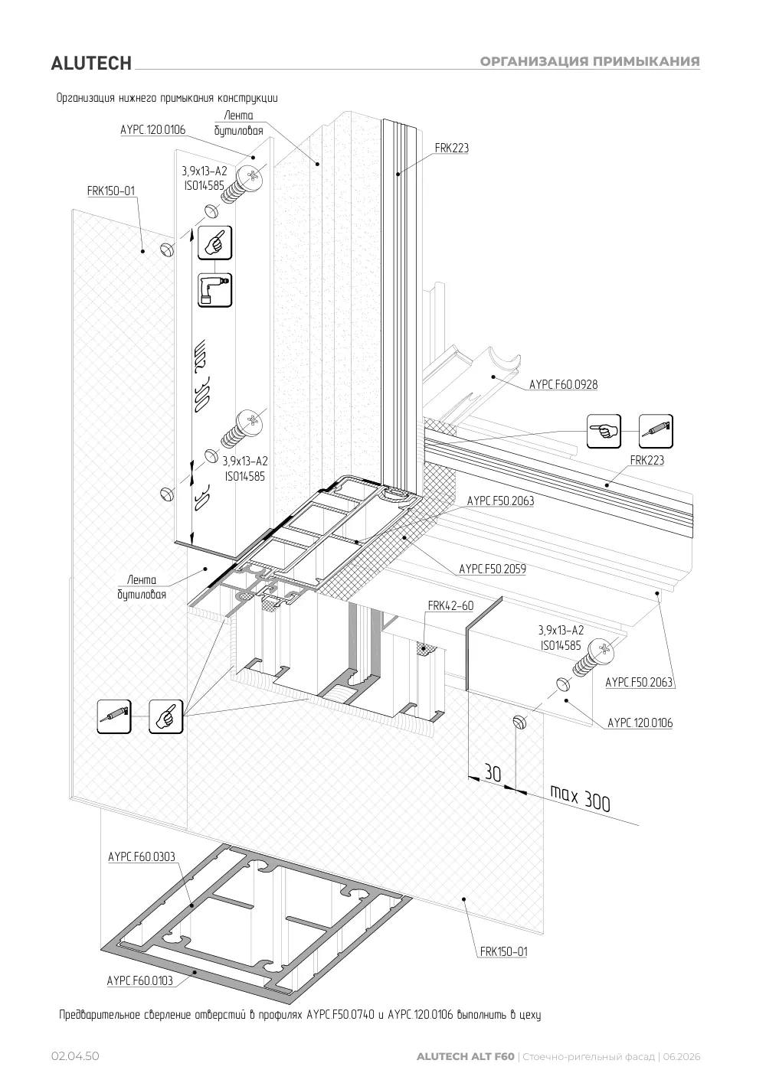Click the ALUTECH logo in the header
click(x=91, y=64)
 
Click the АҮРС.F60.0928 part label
click(x=563, y=384)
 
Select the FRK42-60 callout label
click(x=450, y=606)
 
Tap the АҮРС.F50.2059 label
click(x=492, y=569)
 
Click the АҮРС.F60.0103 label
click(x=140, y=981)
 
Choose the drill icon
click(x=214, y=289)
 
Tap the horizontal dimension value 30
click(x=493, y=773)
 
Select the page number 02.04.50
click(x=75, y=1056)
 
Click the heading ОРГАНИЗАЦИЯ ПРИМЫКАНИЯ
click(x=590, y=61)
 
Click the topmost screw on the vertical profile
click(x=242, y=184)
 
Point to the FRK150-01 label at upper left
click(x=111, y=191)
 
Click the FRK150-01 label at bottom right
click(x=503, y=951)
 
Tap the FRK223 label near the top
click(x=451, y=148)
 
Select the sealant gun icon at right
click(x=656, y=431)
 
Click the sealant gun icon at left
click(x=113, y=716)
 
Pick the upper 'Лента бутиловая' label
click(x=238, y=122)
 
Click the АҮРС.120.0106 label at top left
click(x=153, y=129)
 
